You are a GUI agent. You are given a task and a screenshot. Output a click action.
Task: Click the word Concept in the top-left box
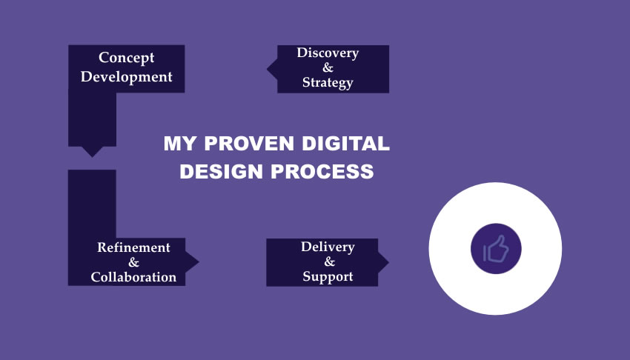pyautogui.click(x=127, y=58)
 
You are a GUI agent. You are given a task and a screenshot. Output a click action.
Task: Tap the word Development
pyautogui.click(x=127, y=76)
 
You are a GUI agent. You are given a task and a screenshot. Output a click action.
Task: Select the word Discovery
pyautogui.click(x=328, y=53)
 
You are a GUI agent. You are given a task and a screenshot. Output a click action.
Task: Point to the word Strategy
pyautogui.click(x=328, y=82)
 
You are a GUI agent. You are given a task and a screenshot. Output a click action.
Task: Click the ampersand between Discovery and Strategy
pyautogui.click(x=328, y=67)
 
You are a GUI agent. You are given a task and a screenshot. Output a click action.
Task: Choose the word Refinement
pyautogui.click(x=133, y=247)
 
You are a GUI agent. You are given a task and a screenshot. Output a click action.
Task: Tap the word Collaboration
pyautogui.click(x=133, y=277)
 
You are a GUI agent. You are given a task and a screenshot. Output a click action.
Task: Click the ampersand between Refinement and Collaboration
pyautogui.click(x=133, y=262)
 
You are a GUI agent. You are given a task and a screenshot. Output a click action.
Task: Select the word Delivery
pyautogui.click(x=328, y=247)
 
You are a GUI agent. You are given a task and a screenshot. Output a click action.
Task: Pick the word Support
pyautogui.click(x=328, y=277)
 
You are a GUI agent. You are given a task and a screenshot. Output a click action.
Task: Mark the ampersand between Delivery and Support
pyautogui.click(x=328, y=262)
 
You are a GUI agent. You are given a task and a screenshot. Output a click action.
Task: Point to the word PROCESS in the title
pyautogui.click(x=322, y=172)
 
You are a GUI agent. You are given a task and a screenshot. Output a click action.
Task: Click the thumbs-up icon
pyautogui.click(x=496, y=249)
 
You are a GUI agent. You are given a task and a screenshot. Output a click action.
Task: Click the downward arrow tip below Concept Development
pyautogui.click(x=92, y=153)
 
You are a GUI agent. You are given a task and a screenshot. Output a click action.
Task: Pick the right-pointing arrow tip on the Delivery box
pyautogui.click(x=384, y=261)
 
